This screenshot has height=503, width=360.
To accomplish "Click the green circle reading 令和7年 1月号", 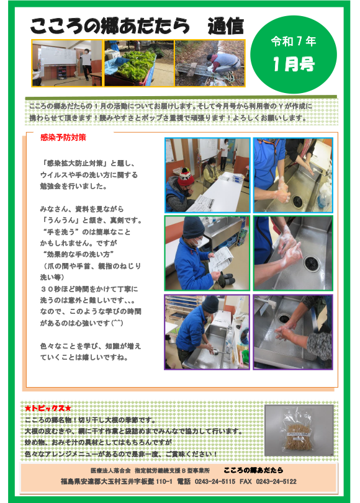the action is point(293,55).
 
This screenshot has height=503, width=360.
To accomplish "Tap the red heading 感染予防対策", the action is point(63,138).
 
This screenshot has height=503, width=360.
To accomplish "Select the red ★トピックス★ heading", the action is point(48,408).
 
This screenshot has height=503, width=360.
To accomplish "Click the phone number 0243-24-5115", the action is point(215,481).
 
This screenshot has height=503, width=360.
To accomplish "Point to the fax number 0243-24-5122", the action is point(276,481).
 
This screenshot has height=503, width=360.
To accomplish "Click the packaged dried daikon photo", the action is point(299,430).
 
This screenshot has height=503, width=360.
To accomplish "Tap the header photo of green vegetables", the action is point(139,63).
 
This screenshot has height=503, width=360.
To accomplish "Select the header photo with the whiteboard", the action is point(67,63).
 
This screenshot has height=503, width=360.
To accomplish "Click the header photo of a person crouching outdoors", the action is point(210,63).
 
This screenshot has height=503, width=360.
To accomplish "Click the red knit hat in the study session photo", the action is point(186,177).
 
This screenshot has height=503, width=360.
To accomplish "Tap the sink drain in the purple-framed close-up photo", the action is point(284,318).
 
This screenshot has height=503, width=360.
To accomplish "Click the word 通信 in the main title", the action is point(225,26).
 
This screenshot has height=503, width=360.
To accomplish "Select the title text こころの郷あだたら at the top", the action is point(110,26).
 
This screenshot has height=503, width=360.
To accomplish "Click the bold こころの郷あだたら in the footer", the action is point(253,470).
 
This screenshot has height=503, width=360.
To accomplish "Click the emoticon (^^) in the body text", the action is point(117,323).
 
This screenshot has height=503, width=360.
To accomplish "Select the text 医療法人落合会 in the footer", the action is point(110,471).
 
